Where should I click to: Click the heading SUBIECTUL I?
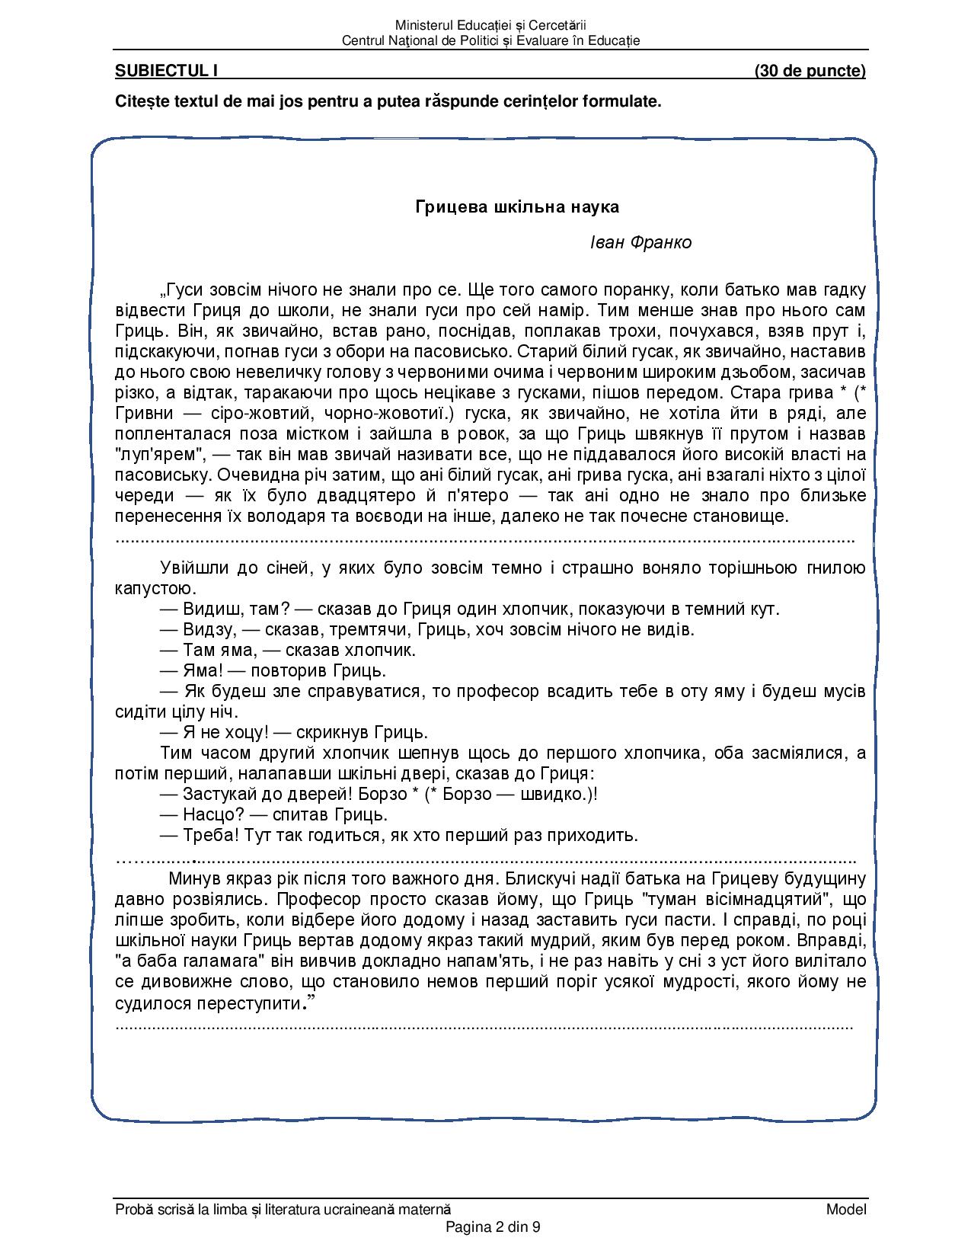[167, 71]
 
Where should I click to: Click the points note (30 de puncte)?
[810, 71]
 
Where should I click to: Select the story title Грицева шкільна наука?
[517, 206]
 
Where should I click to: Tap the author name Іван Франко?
[640, 242]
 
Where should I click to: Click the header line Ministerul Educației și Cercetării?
[491, 26]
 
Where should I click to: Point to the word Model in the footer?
[846, 1209]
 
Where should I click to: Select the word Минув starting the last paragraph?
[194, 878]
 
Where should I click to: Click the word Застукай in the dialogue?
[217, 794]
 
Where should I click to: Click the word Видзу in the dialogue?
[207, 630]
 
